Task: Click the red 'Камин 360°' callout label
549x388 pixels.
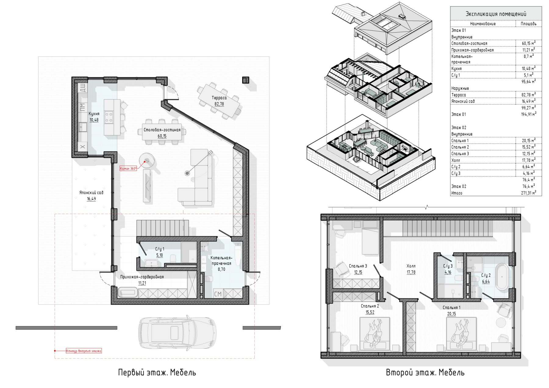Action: [128, 168]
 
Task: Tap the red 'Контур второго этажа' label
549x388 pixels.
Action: [84, 351]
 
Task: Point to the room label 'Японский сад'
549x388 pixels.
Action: [91, 193]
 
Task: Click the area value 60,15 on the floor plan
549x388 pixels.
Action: [162, 136]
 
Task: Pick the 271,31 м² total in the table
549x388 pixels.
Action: [529, 193]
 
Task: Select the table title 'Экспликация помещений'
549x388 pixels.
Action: [496, 14]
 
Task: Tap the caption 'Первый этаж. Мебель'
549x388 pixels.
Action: [157, 372]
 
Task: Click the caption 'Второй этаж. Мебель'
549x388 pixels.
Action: [425, 372]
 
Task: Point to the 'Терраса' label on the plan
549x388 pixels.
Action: [219, 98]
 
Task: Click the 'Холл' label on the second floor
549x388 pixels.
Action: [411, 266]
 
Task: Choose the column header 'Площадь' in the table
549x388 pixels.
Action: [529, 23]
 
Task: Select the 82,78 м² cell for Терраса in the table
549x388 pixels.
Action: [529, 94]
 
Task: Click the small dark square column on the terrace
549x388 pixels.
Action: [245, 80]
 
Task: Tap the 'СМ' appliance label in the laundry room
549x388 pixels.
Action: [218, 294]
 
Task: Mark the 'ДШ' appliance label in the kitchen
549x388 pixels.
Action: [82, 88]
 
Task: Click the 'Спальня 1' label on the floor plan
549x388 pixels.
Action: [451, 308]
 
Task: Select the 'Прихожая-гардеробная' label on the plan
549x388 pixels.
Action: [142, 277]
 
